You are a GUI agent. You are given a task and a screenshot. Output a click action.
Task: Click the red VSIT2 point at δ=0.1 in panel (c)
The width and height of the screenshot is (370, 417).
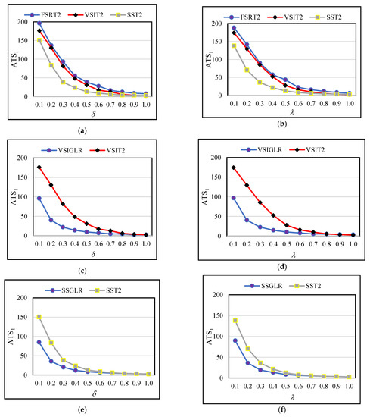(38, 168)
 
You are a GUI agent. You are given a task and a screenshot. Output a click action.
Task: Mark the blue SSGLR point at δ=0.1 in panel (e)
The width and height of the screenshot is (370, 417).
(38, 342)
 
